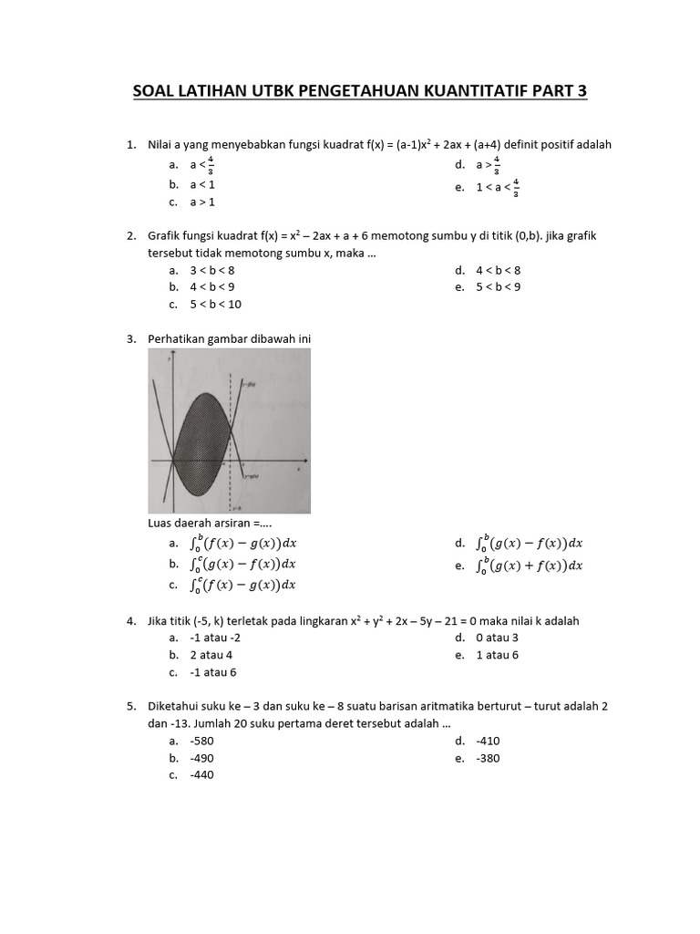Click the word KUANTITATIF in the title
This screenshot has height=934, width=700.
467,91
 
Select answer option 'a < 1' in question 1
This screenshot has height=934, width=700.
202,184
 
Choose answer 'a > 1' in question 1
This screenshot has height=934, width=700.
202,202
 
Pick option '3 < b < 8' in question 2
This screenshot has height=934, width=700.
211,270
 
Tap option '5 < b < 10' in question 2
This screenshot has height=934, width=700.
215,304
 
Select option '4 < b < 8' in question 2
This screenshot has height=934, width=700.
498,270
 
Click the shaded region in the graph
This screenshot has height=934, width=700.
196,429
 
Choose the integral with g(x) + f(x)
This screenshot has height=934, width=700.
530,566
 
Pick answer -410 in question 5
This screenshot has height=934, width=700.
488,741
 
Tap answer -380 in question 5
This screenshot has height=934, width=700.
488,758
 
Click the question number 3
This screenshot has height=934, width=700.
130,339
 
